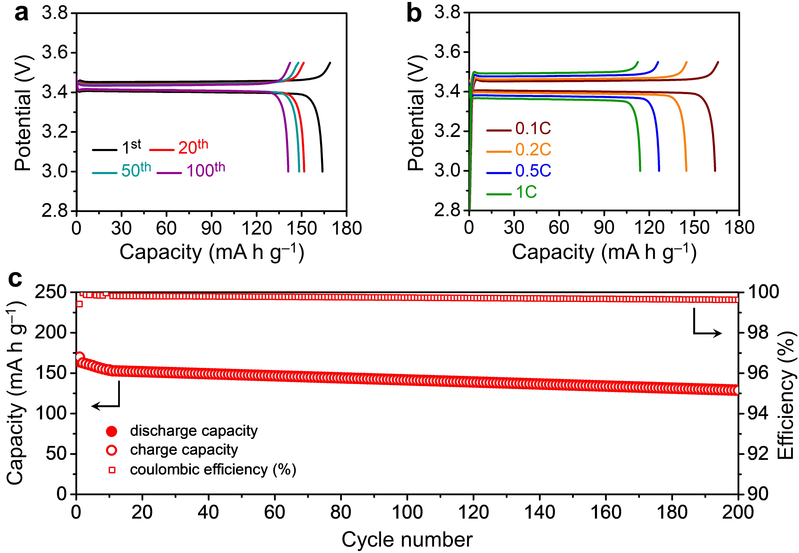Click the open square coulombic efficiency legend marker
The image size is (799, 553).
tap(112, 470)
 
